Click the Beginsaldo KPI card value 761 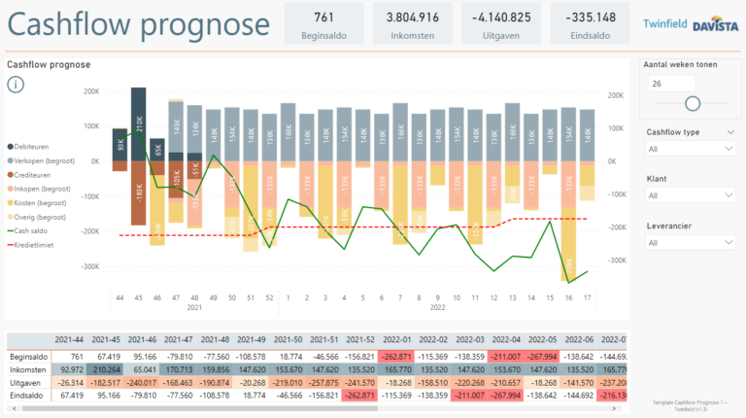tap(324, 17)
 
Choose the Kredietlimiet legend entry tap(34, 245)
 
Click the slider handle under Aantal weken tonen tap(693, 103)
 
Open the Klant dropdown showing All tap(690, 195)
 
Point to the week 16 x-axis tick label tap(569, 297)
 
